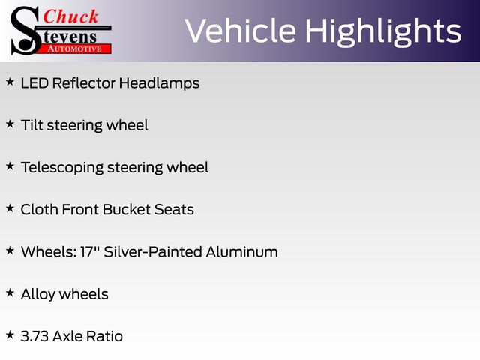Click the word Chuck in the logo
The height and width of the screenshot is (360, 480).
(70, 16)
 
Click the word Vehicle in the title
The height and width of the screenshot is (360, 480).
(241, 31)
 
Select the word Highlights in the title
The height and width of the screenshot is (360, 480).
(383, 31)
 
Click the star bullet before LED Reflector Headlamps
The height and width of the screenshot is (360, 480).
(10, 82)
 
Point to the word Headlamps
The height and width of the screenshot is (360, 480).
(159, 83)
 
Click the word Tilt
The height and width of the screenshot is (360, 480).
(31, 125)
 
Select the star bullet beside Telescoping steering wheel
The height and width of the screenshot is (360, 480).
(10, 166)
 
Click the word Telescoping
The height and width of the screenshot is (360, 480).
(62, 168)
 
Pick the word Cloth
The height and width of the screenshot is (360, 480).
(39, 210)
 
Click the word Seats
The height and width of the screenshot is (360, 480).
(174, 210)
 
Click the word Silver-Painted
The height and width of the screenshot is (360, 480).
(153, 252)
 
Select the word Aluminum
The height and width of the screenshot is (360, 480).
(241, 252)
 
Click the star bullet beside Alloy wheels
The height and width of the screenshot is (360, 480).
(10, 292)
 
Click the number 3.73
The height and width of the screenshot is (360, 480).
(34, 336)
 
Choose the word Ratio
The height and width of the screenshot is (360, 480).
(104, 336)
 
